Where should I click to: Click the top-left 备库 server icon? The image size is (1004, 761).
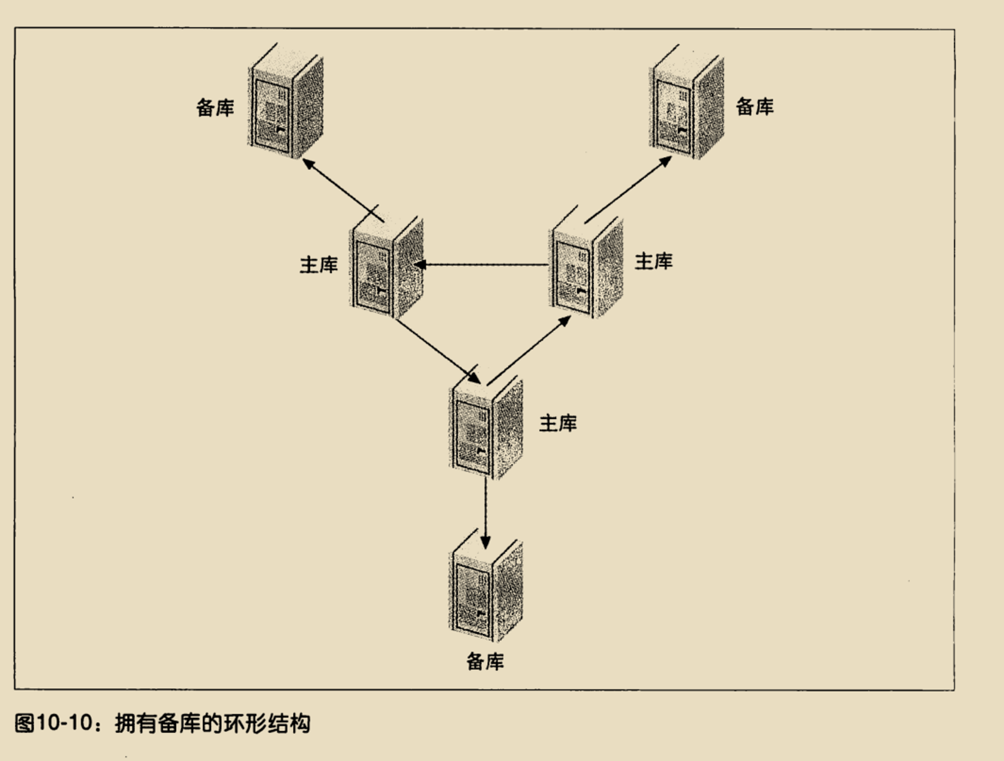tap(286, 101)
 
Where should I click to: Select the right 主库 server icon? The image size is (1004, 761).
tap(586, 261)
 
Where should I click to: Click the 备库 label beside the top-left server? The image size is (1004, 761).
tap(215, 107)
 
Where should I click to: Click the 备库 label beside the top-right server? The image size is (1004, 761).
tap(755, 106)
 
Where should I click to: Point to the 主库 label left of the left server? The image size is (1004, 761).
tap(319, 264)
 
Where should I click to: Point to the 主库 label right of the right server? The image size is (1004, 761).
tap(654, 261)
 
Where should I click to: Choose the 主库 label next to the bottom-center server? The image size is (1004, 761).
tap(558, 423)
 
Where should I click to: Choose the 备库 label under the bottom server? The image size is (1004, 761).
tap(485, 662)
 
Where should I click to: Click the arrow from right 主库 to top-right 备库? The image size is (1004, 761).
tap(628, 189)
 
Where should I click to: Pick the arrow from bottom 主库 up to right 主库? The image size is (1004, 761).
tap(529, 350)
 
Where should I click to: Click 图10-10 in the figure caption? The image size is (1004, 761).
tap(53, 723)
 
